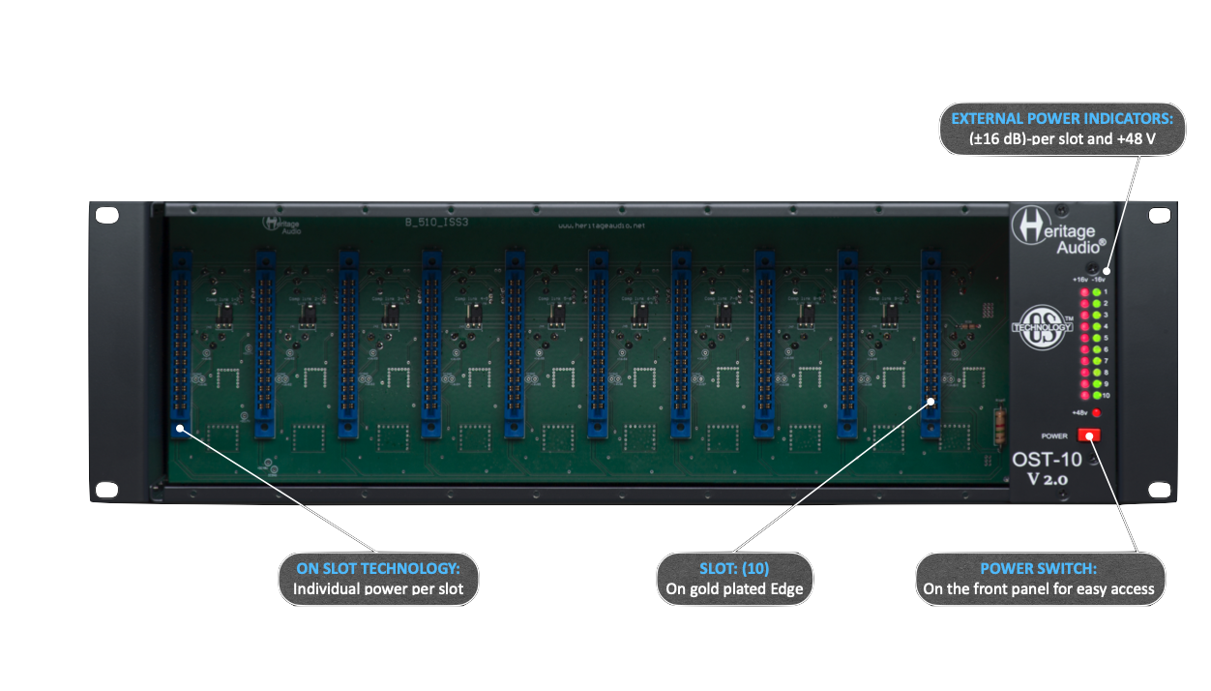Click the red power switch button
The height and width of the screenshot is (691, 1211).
pos(1090,436)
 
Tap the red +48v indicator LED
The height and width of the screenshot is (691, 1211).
pos(1095,413)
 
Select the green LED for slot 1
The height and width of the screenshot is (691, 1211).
pos(1096,291)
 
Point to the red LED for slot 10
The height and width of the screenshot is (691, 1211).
pos(1084,396)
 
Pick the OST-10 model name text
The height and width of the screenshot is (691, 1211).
pos(1047,460)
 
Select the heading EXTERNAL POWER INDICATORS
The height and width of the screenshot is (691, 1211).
pos(1062,118)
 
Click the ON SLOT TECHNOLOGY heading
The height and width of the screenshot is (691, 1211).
pos(378,568)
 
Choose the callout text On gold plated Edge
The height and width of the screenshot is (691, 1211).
pos(734,588)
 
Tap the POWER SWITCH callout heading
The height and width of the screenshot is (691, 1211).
pos(1039,568)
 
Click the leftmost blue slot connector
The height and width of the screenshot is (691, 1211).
pos(181,344)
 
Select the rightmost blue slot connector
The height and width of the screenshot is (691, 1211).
pos(930,344)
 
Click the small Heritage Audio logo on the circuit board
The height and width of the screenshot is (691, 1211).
pos(279,224)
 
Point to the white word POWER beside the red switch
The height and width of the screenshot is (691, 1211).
pos(1054,436)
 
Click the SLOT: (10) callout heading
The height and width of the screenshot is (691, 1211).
pos(734,568)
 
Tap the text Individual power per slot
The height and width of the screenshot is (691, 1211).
pos(378,588)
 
